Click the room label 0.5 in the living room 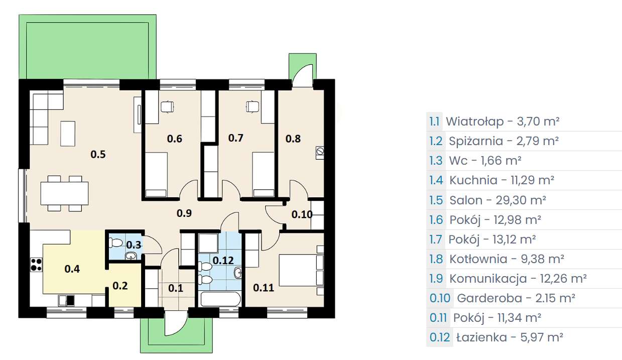click(x=98, y=154)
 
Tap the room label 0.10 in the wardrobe click(x=302, y=214)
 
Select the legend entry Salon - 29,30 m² click(x=497, y=200)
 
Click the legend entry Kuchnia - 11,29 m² click(x=502, y=180)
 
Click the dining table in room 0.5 click(x=65, y=193)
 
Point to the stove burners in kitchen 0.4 click(x=36, y=264)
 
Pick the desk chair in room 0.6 click(x=167, y=106)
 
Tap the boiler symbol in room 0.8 click(x=320, y=151)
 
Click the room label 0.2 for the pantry click(x=120, y=286)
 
